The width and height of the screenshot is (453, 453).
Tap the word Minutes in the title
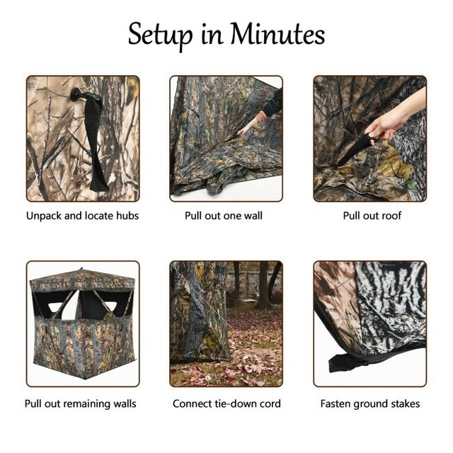(x=277, y=33)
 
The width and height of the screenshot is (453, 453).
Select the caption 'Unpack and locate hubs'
(x=82, y=215)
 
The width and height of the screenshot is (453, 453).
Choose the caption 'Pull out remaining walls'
(x=81, y=403)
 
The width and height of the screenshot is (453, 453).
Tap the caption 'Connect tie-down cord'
(x=226, y=403)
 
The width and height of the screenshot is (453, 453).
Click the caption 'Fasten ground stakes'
(x=369, y=403)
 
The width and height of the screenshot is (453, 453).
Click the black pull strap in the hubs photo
(x=96, y=142)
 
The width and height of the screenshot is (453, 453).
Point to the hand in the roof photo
(x=386, y=126)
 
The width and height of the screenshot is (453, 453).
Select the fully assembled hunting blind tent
(x=82, y=322)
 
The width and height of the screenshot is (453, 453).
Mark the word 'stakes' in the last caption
(x=403, y=403)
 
